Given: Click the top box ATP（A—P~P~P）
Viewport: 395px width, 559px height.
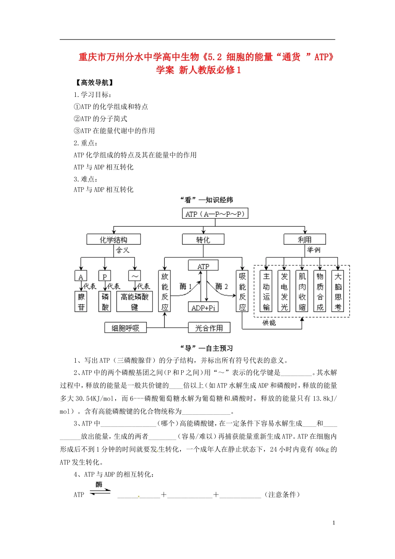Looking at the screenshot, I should tap(215, 214).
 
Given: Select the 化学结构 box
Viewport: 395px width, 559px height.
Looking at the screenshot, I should tap(114, 240).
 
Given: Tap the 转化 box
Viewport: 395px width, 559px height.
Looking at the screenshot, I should tap(203, 240).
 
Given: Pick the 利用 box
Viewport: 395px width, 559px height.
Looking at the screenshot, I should tap(304, 240).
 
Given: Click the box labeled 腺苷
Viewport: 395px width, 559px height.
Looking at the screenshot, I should tap(81, 302).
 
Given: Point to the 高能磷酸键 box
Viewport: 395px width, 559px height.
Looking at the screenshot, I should tap(134, 302).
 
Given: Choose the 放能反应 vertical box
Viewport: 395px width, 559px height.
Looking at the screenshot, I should tap(165, 292).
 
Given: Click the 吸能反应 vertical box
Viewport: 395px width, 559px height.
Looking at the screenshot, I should tap(242, 292).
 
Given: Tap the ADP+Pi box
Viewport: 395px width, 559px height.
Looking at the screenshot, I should tap(203, 307).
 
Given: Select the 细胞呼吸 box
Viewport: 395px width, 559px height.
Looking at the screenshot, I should tap(125, 328).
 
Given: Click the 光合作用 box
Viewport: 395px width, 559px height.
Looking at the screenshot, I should tap(209, 328).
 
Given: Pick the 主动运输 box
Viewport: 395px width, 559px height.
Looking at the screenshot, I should tap(266, 292).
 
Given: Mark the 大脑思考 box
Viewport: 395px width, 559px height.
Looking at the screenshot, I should tap(338, 292).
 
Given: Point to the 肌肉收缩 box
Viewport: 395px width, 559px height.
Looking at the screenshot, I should tap(302, 292).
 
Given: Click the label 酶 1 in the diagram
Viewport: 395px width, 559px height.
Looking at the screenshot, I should tap(185, 287).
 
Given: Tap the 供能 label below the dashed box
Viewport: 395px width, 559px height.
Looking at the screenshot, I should tap(269, 323).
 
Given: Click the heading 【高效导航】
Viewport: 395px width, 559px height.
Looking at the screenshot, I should tap(94, 83).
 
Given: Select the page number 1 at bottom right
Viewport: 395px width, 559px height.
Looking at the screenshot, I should tap(333, 523).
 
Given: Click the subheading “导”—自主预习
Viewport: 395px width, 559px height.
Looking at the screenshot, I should tap(206, 349).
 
